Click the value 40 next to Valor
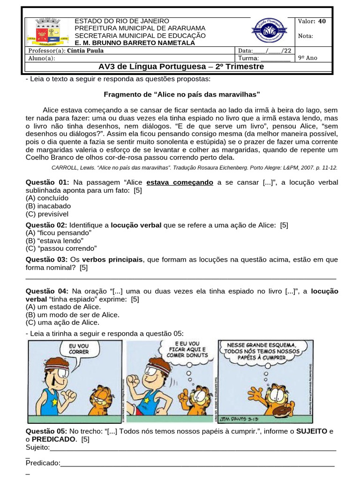tap(322, 21)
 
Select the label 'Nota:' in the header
tap(305, 36)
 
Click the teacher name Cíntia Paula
tap(85, 51)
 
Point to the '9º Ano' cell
tap(307, 58)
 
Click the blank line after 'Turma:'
tap(275, 59)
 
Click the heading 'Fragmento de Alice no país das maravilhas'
tap(181, 94)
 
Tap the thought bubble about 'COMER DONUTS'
tap(186, 349)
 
